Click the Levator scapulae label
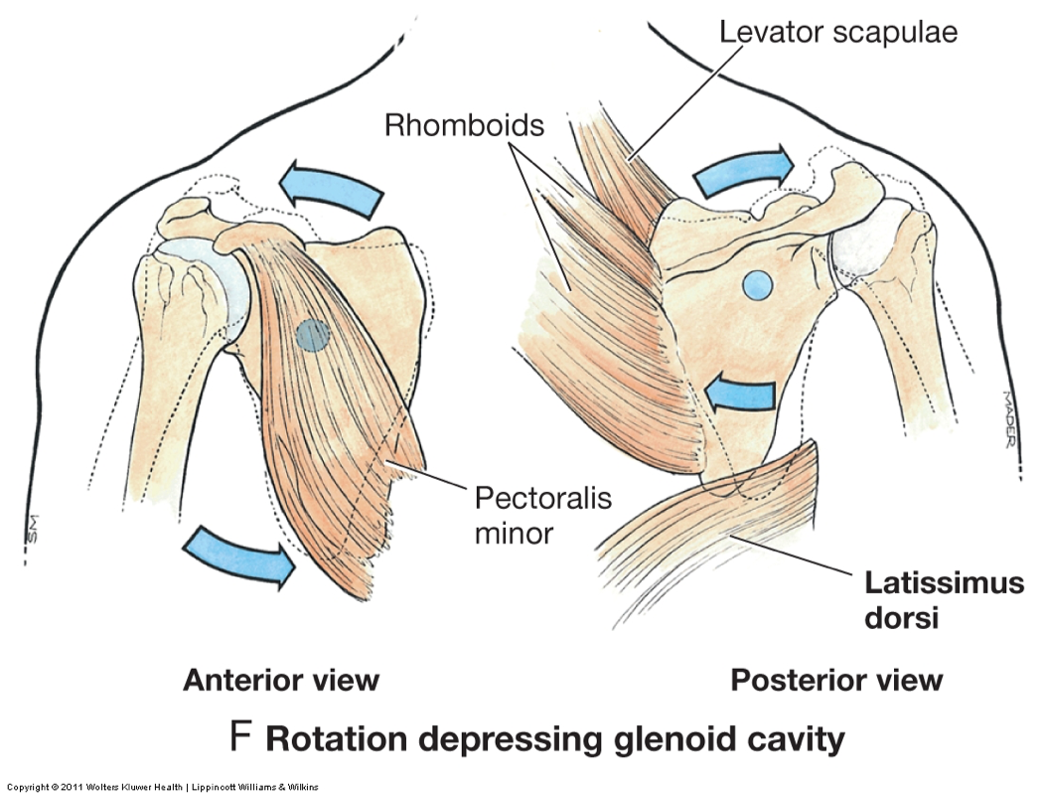(838, 32)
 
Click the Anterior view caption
(281, 680)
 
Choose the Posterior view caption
(836, 680)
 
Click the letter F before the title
(239, 738)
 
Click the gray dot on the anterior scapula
(314, 335)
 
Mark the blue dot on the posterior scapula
(757, 286)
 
